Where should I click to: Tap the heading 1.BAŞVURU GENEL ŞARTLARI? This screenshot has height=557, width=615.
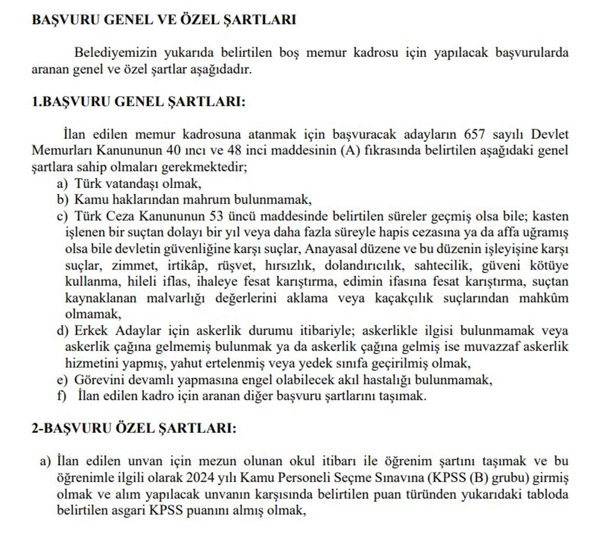(138, 102)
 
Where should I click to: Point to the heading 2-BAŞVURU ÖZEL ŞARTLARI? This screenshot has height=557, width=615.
(134, 428)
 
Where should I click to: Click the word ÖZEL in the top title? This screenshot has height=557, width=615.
(199, 20)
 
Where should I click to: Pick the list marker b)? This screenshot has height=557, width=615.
(63, 200)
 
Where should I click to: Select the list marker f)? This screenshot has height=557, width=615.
(62, 396)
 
